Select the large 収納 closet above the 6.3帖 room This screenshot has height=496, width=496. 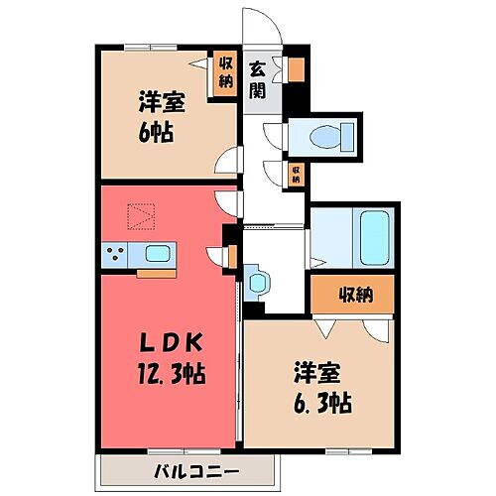[352, 295]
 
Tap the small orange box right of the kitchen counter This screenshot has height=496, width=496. [231, 256]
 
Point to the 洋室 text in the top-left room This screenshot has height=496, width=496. [159, 102]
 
